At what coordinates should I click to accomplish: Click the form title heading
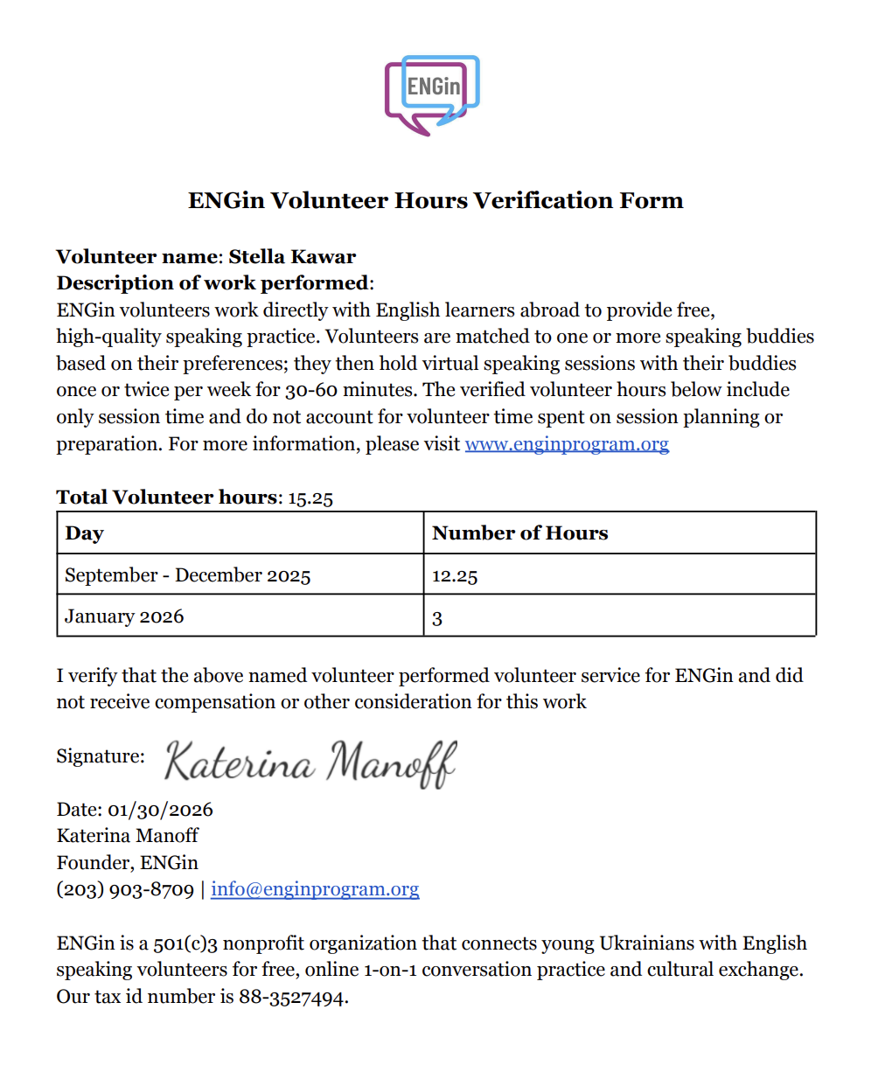pyautogui.click(x=436, y=201)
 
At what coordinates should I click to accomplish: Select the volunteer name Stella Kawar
pyautogui.click(x=292, y=257)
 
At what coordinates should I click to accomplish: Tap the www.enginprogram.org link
pyautogui.click(x=567, y=444)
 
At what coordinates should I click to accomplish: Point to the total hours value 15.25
pyautogui.click(x=310, y=498)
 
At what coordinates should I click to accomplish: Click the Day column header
pyautogui.click(x=85, y=533)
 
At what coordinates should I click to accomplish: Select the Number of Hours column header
pyautogui.click(x=519, y=533)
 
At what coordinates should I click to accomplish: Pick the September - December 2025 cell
pyautogui.click(x=188, y=575)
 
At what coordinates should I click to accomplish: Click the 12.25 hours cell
pyautogui.click(x=455, y=576)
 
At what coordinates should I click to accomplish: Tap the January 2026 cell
pyautogui.click(x=124, y=616)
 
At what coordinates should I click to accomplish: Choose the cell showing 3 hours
pyautogui.click(x=437, y=618)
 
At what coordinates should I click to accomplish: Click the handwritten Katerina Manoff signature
pyautogui.click(x=310, y=762)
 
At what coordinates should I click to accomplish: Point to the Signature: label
pyautogui.click(x=101, y=756)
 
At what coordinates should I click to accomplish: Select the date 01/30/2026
pyautogui.click(x=160, y=810)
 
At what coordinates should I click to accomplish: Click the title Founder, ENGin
pyautogui.click(x=128, y=863)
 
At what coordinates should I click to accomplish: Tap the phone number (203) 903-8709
pyautogui.click(x=125, y=889)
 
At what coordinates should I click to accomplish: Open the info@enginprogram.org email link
pyautogui.click(x=315, y=889)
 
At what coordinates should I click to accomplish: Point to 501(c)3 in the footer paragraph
pyautogui.click(x=185, y=944)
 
